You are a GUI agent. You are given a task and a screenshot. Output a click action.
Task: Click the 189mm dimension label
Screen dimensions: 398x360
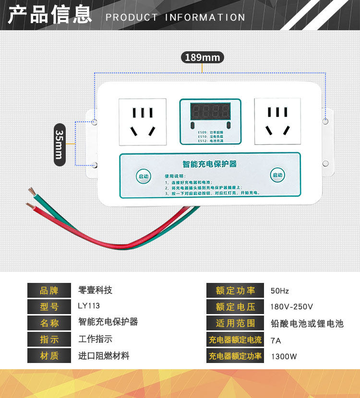(202, 58)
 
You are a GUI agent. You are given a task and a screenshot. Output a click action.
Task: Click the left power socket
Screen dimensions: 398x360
(143, 122)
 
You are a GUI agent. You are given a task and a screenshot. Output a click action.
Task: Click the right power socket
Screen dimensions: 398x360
(277, 121)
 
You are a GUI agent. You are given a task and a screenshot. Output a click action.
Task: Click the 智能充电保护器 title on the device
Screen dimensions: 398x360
(210, 164)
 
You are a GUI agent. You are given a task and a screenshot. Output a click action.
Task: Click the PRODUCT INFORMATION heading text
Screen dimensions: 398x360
(175, 18)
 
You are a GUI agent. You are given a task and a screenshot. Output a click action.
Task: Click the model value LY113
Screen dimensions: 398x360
(89, 305)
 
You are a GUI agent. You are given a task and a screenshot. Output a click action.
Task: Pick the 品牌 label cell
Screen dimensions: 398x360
(49, 290)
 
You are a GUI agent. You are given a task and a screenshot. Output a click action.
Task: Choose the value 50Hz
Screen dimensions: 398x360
(280, 291)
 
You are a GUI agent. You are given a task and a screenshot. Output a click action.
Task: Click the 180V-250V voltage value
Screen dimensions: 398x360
(292, 307)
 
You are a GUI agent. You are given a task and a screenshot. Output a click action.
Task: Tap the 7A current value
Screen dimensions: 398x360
(276, 340)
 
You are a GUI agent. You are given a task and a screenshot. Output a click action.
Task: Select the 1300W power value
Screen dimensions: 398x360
(284, 356)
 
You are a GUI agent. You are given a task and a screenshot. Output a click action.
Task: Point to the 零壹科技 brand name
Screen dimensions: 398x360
(95, 290)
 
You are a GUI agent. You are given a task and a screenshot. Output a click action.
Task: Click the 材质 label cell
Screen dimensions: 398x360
(49, 355)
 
